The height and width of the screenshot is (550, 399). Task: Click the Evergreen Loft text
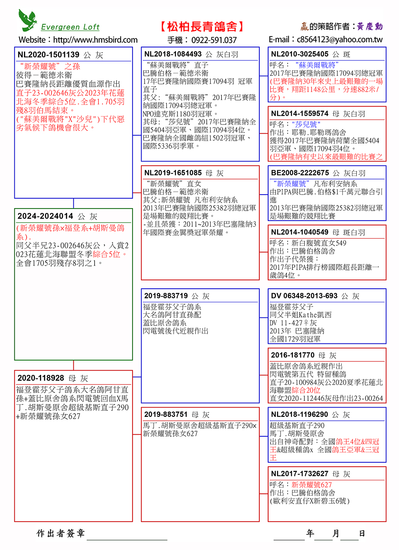[x=70, y=27]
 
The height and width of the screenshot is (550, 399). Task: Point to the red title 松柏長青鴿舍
[x=202, y=27]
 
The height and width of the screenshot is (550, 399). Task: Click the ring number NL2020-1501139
[x=48, y=55]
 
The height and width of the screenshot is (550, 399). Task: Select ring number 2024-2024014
[x=45, y=216]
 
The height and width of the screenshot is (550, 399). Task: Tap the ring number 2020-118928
[x=41, y=378]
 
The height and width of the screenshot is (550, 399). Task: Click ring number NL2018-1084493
[x=173, y=54]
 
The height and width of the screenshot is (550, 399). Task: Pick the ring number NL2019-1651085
[x=173, y=173]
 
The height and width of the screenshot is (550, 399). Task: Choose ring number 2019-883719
[x=166, y=296]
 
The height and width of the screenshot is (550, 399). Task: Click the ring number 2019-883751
[x=166, y=415]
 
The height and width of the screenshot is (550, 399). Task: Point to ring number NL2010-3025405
[x=300, y=54]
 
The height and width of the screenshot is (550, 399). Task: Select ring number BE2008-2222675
[x=300, y=173]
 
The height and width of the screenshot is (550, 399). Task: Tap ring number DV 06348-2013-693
[x=304, y=296]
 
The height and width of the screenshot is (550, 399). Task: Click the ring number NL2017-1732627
[x=300, y=474]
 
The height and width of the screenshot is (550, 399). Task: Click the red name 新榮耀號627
[x=311, y=485]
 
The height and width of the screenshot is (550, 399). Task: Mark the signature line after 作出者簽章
[x=127, y=536]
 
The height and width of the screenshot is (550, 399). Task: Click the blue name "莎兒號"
[x=306, y=124]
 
